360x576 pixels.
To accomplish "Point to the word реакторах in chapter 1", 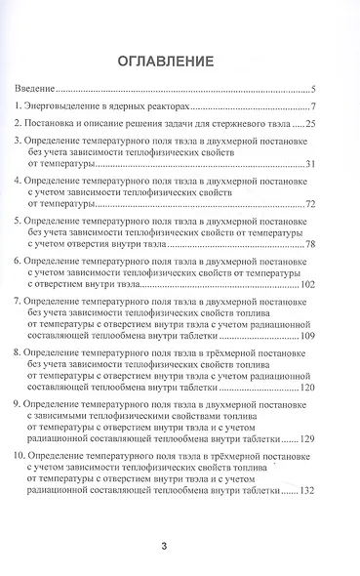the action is (x=155, y=106).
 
